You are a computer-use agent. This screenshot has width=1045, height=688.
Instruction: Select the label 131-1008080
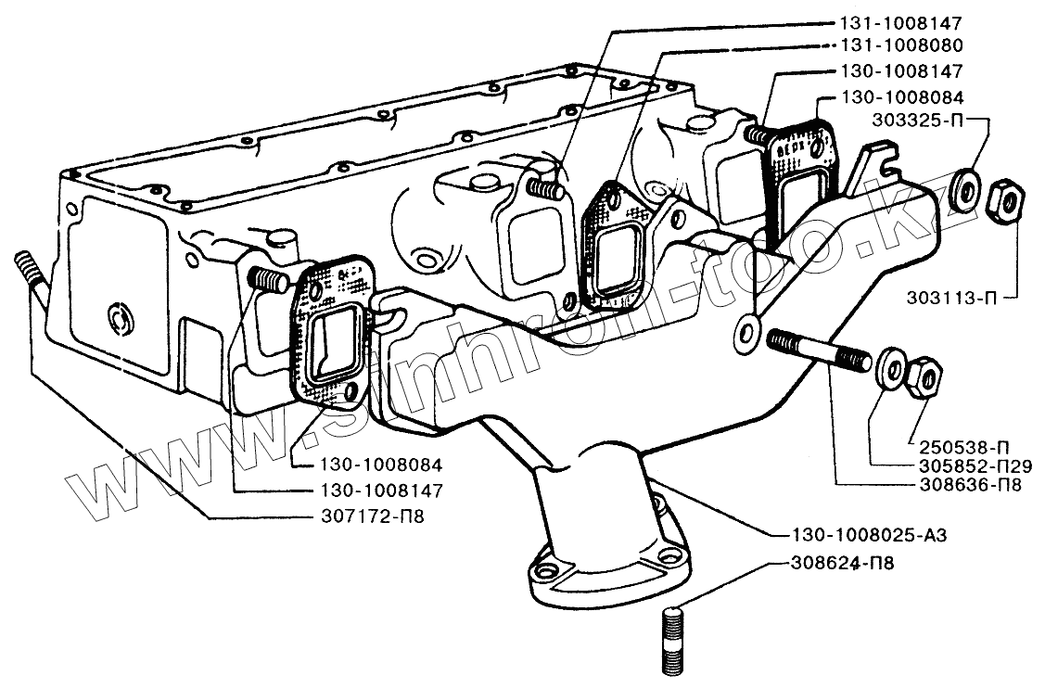click(887, 45)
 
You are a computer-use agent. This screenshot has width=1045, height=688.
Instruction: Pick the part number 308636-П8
click(966, 483)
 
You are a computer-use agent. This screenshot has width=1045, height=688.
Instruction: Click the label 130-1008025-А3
click(869, 535)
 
